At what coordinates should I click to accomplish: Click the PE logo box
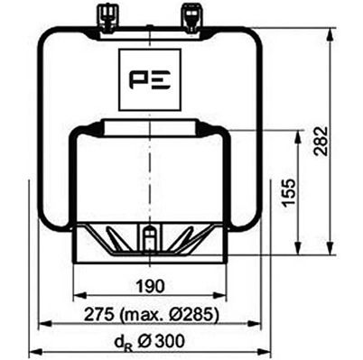pos(150,81)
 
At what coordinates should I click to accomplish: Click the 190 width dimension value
pos(150,286)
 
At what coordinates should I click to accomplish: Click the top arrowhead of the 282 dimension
pos(329,31)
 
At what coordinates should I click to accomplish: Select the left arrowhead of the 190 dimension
pos(76,297)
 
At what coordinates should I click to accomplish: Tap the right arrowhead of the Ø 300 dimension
pos(267,351)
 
